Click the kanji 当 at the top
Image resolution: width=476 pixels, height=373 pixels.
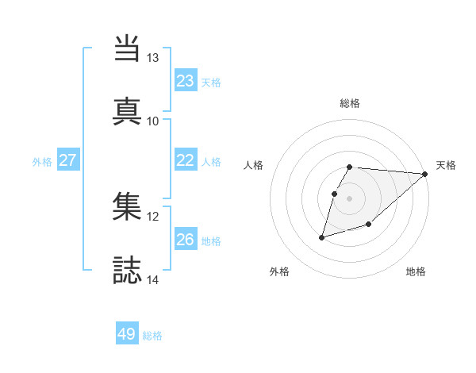[129, 48]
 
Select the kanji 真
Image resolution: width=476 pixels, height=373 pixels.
[129, 110]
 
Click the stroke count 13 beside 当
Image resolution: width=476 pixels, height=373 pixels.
[153, 58]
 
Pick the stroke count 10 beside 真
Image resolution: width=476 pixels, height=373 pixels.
[153, 121]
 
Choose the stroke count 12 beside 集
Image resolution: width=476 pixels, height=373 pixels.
[153, 216]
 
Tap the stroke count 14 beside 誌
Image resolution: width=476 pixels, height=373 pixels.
[153, 279]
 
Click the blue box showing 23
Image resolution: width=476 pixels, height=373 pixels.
[186, 81]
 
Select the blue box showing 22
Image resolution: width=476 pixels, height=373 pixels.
[186, 160]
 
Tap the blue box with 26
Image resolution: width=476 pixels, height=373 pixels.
[186, 240]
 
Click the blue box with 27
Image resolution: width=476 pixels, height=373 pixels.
[68, 160]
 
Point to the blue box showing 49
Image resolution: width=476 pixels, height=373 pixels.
[127, 334]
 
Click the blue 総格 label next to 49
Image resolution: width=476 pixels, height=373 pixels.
[152, 336]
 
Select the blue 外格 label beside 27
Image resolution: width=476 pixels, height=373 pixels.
[42, 162]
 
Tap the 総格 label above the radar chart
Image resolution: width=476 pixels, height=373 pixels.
[350, 103]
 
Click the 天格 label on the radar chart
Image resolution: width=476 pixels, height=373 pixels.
[446, 165]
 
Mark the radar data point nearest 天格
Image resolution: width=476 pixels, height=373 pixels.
[425, 175]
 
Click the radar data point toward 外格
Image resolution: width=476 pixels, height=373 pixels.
[322, 236]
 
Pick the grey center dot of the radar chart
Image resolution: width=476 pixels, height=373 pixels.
[350, 198]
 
